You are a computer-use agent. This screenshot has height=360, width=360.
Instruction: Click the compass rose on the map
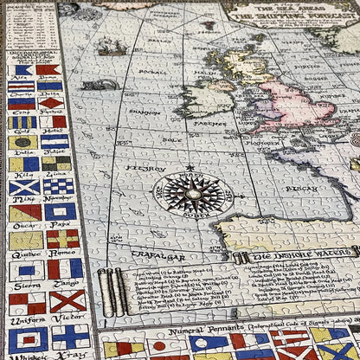point(192,193)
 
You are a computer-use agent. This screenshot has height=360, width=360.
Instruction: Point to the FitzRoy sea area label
point(139,168)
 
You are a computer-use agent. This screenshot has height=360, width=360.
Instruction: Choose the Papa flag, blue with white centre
point(61,212)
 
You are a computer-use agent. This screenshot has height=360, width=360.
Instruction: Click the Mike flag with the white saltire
point(24,187)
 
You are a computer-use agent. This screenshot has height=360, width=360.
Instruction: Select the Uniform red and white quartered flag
point(23,304)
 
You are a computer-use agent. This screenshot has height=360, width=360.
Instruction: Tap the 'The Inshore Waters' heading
point(298,257)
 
